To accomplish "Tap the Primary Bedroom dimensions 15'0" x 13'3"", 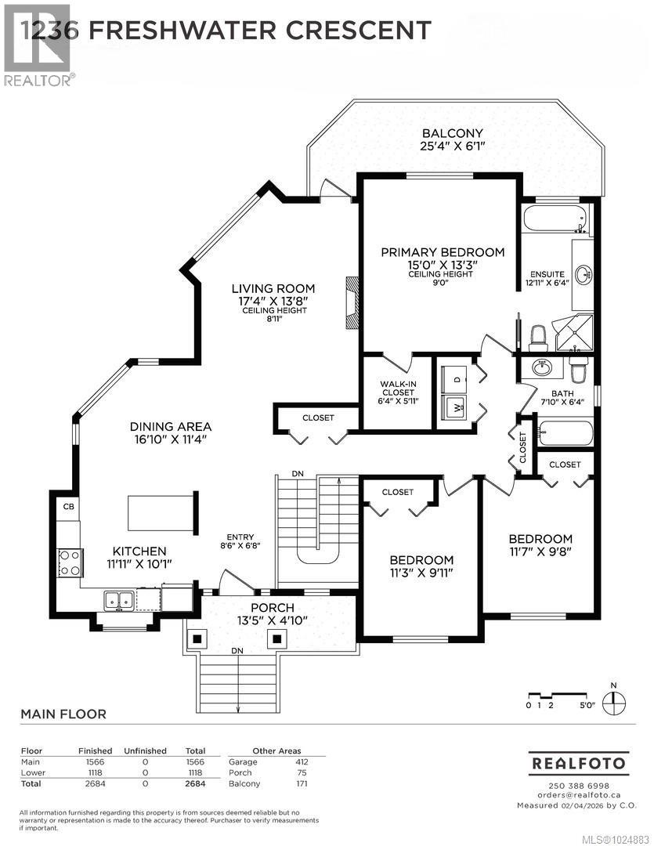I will [x=443, y=265].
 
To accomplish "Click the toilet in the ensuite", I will [x=537, y=338].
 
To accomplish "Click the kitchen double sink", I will [x=119, y=601].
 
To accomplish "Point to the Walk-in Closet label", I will [x=399, y=388].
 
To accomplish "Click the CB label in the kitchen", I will [x=67, y=507].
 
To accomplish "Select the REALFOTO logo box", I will [x=579, y=761].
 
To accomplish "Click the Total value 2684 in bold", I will [x=194, y=783].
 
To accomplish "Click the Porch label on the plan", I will [x=272, y=608].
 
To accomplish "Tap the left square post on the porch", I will [x=197, y=638].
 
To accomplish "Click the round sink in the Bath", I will [x=540, y=367].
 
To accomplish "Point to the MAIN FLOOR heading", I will [x=63, y=714].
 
